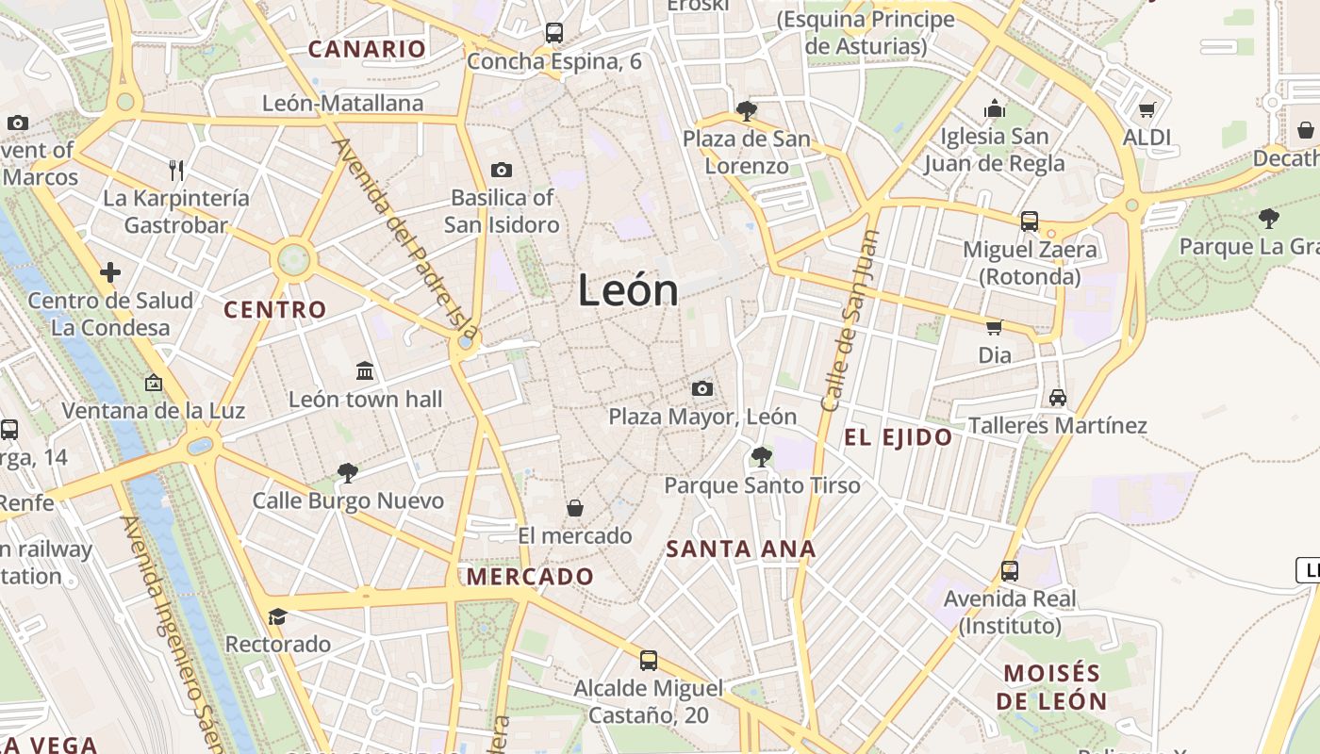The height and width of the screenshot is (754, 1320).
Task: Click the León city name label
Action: coord(628,289)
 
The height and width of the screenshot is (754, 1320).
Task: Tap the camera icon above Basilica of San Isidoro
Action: coord(502,170)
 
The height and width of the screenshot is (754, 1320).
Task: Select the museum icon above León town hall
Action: coord(365,370)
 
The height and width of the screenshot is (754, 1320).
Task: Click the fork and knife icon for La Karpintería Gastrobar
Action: coord(176,170)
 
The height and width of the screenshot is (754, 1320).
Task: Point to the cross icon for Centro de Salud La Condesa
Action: coord(110,272)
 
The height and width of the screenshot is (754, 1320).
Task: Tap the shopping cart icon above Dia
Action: coord(994,327)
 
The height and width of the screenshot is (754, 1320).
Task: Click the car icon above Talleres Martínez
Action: coord(1058,397)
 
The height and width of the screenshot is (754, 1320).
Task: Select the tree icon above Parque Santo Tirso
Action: coord(762,457)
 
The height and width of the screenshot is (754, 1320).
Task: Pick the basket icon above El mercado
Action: coord(575,508)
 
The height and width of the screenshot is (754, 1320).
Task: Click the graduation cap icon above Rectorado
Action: coord(277,616)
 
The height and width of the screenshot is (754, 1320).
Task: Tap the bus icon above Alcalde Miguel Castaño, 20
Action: coord(649,660)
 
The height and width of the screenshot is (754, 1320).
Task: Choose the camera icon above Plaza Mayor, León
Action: coord(701,388)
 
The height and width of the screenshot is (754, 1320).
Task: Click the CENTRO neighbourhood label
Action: coord(275,309)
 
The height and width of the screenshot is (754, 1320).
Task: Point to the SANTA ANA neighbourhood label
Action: coord(741,549)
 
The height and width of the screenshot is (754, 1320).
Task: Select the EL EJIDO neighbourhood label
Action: coord(898,437)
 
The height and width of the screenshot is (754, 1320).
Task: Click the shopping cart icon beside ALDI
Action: coord(1147,110)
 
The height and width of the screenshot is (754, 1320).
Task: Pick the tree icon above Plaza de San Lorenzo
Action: coord(747,111)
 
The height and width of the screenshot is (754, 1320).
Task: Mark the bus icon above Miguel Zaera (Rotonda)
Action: coord(1030,221)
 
